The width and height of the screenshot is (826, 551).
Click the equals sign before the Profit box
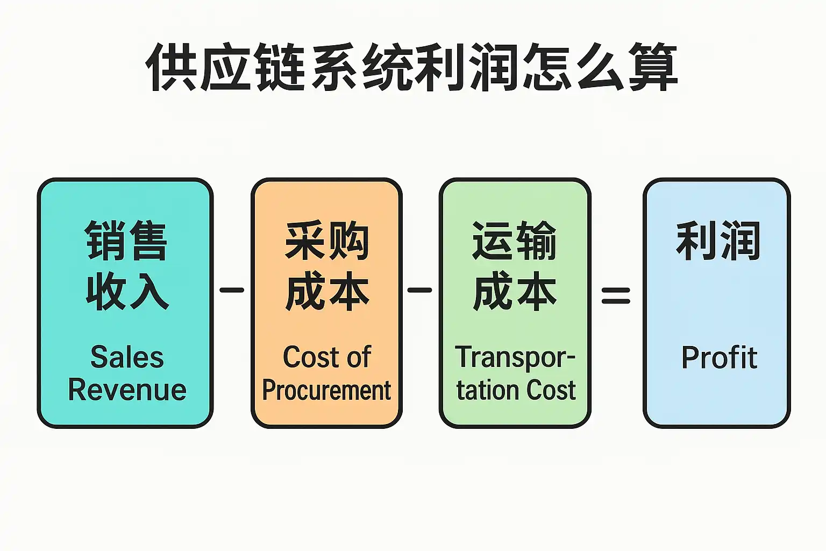click(616, 294)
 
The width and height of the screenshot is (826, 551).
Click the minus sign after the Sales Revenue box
click(232, 290)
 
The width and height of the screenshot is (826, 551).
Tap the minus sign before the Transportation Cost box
click(419, 290)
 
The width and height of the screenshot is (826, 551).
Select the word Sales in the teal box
click(127, 357)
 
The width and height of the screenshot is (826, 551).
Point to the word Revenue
click(127, 390)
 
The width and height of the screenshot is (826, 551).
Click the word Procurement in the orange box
click(326, 390)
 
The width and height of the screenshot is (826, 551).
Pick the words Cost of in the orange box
click(326, 357)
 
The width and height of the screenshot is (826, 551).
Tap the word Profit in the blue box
click(719, 357)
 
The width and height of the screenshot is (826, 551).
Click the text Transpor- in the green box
click(515, 357)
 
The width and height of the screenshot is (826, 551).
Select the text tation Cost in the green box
click(516, 390)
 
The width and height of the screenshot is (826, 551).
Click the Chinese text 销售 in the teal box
click(126, 241)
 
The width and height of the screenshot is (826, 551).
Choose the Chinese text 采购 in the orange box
click(327, 241)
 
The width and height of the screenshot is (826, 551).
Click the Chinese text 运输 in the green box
click(515, 241)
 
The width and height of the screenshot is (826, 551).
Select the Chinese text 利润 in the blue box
click(718, 241)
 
